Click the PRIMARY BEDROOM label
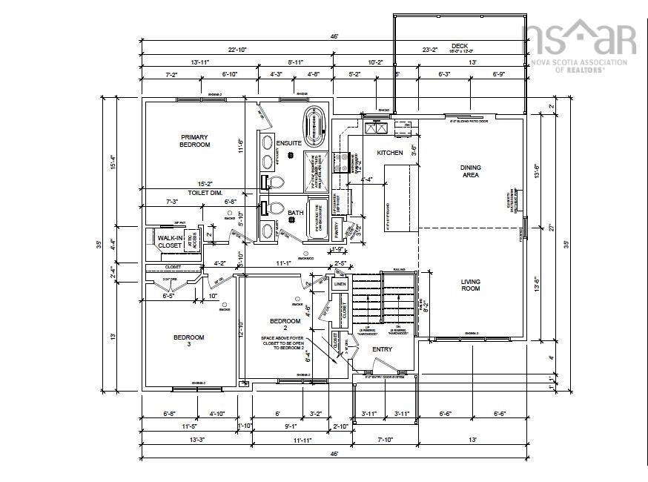tap(194, 141)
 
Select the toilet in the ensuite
tap(275, 182)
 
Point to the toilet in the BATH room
tap(275, 209)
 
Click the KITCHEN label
tap(390, 153)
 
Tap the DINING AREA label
tap(470, 171)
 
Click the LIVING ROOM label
tap(470, 285)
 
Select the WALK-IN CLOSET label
tap(169, 241)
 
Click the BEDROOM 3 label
tap(188, 340)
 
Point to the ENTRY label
tap(382, 349)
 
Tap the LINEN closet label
tap(340, 284)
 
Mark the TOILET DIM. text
tap(185, 192)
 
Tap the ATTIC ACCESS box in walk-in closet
tap(189, 240)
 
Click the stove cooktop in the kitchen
tap(343, 162)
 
